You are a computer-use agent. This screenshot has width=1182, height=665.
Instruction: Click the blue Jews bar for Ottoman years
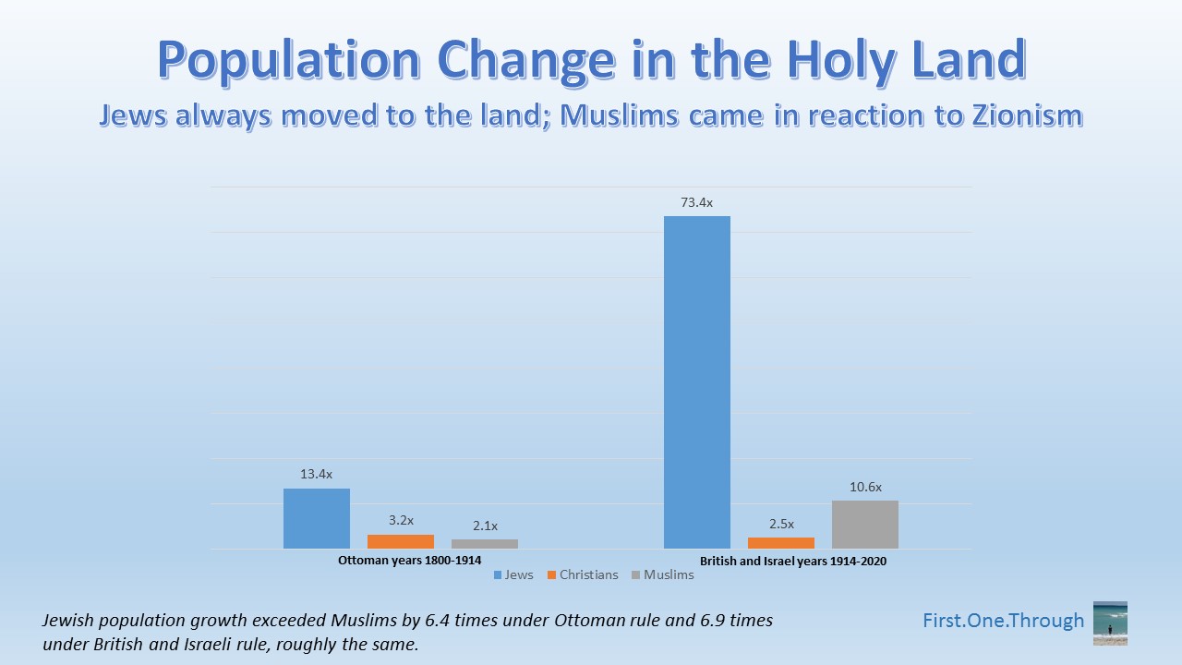pyautogui.click(x=317, y=518)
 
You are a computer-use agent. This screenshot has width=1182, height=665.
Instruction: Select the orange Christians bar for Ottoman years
pyautogui.click(x=401, y=541)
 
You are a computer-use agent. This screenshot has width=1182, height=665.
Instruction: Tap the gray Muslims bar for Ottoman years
pyautogui.click(x=485, y=544)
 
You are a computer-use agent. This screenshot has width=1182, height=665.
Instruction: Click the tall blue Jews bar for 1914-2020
pyautogui.click(x=697, y=382)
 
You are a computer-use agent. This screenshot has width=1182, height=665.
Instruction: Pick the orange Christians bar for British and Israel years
pyautogui.click(x=781, y=543)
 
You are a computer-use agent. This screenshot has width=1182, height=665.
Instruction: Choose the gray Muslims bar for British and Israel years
pyautogui.click(x=865, y=525)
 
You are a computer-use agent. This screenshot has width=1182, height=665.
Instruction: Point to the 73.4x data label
pyautogui.click(x=697, y=202)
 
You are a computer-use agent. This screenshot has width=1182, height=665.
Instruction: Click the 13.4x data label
pyautogui.click(x=316, y=475)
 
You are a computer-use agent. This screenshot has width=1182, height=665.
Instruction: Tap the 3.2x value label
pyautogui.click(x=400, y=521)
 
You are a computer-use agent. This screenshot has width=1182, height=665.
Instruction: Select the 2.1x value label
pyautogui.click(x=484, y=526)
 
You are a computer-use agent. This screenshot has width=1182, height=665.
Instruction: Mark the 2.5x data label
pyautogui.click(x=780, y=524)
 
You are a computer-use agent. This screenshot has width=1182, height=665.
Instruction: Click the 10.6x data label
pyautogui.click(x=865, y=487)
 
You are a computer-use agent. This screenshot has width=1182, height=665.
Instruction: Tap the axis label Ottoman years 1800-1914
pyautogui.click(x=409, y=560)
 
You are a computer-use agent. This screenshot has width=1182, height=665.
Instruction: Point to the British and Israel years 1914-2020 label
pyautogui.click(x=793, y=561)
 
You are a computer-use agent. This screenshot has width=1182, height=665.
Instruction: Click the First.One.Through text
pyautogui.click(x=1004, y=621)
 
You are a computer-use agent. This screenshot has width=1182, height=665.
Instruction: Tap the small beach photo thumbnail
pyautogui.click(x=1110, y=623)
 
